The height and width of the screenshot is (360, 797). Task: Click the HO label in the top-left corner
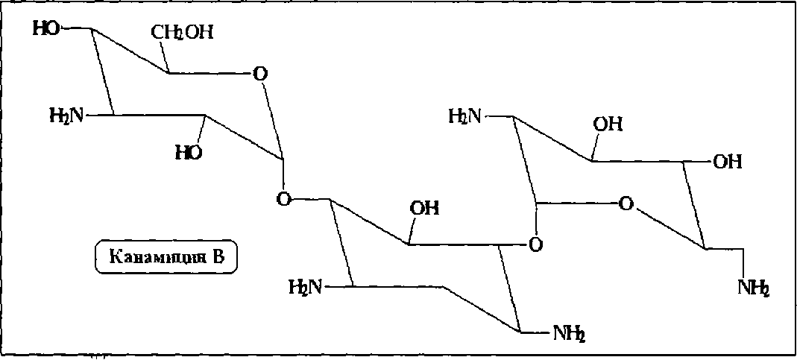[45, 29]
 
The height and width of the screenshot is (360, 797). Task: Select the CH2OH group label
[182, 32]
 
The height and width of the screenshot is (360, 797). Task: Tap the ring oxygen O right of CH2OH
[259, 74]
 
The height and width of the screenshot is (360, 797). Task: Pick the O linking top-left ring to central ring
[283, 198]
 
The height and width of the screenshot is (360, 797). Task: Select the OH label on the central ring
[426, 207]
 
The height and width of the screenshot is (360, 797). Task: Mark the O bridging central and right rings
[534, 244]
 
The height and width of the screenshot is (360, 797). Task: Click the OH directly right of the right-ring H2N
[608, 124]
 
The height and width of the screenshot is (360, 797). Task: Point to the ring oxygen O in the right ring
[626, 202]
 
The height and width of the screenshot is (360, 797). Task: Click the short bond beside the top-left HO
[76, 29]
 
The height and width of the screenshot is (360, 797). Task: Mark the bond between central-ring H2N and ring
[338, 286]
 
